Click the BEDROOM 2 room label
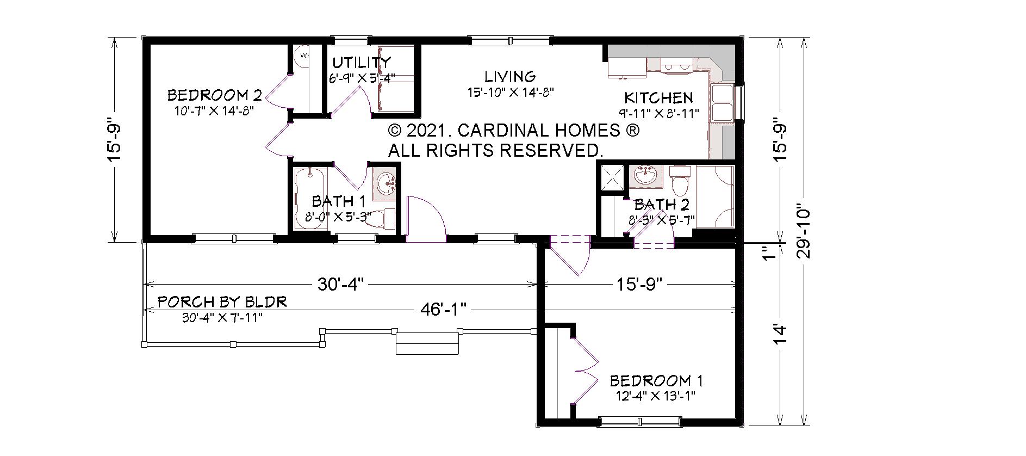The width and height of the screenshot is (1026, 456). coord(214,96)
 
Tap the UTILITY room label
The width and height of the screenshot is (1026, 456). coord(362,62)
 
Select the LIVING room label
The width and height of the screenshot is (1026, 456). coord(510,76)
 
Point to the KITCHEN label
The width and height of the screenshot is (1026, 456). coord(658,98)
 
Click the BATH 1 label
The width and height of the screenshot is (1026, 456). coord(331,202)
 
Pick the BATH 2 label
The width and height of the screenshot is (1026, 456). coord(662,205)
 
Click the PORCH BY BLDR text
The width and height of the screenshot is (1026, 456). coord(222,302)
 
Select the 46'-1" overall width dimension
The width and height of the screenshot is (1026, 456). coord(444,310)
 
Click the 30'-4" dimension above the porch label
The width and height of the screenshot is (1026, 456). coord(340,284)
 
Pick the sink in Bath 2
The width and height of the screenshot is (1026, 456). coord(646,176)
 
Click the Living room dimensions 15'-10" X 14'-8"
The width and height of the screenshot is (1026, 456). coord(511,93)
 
